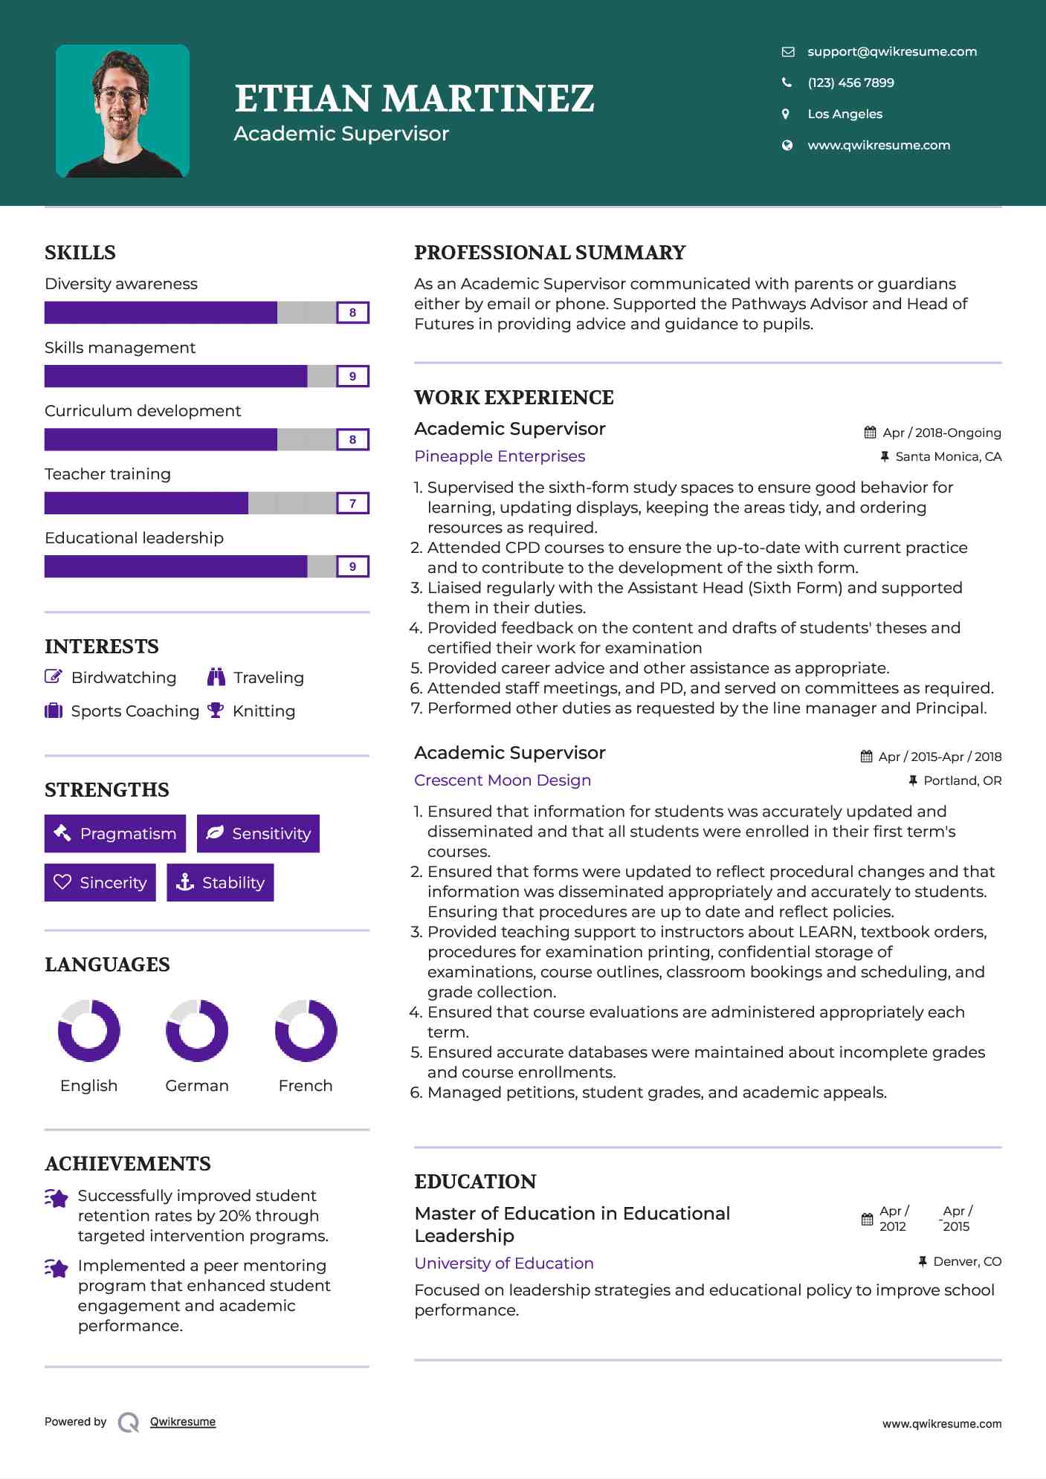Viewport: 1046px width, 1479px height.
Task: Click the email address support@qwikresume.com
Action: pyautogui.click(x=891, y=51)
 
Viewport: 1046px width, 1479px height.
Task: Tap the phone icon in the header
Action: pyautogui.click(x=787, y=82)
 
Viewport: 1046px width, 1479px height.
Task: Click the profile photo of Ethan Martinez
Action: pyautogui.click(x=123, y=111)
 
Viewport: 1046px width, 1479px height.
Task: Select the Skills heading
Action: pyautogui.click(x=80, y=253)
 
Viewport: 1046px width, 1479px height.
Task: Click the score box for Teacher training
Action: pyautogui.click(x=352, y=503)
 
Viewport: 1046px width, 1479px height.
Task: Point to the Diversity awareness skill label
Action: pyautogui.click(x=121, y=284)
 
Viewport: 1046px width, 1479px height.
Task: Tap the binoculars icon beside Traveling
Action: pyautogui.click(x=216, y=677)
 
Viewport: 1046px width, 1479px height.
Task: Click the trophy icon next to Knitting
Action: pyautogui.click(x=216, y=711)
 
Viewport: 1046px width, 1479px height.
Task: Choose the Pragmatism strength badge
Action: pyautogui.click(x=115, y=833)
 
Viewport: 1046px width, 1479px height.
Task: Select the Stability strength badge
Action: pyautogui.click(x=220, y=882)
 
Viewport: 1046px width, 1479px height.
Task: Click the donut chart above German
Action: pyautogui.click(x=197, y=1030)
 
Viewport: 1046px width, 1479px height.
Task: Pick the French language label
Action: pyautogui.click(x=305, y=1085)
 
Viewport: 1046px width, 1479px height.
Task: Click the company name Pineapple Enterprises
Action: pyautogui.click(x=500, y=456)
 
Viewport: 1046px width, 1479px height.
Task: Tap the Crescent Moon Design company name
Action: pyautogui.click(x=503, y=780)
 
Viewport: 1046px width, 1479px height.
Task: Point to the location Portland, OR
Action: pyautogui.click(x=962, y=780)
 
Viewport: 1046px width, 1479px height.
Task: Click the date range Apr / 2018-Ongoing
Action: pyautogui.click(x=941, y=433)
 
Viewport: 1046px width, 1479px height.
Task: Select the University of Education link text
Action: pyautogui.click(x=504, y=1263)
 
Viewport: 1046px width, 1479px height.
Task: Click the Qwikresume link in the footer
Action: pyautogui.click(x=183, y=1422)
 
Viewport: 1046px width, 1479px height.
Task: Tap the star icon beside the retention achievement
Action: pyautogui.click(x=57, y=1198)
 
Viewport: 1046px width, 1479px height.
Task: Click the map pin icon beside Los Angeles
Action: pyautogui.click(x=786, y=114)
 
